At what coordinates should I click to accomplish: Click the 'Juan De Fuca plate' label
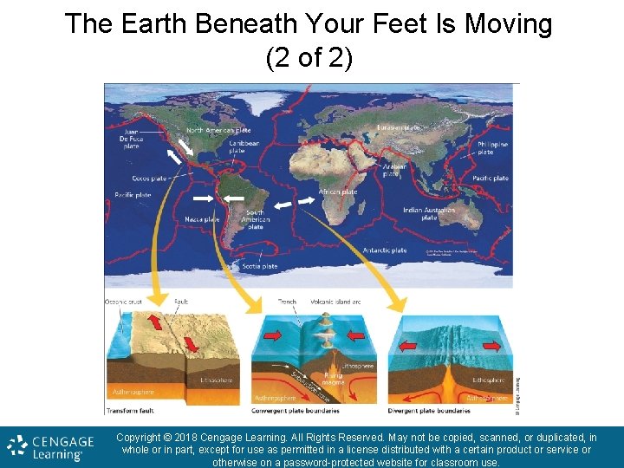tap(130, 138)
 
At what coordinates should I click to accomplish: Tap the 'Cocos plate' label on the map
tap(149, 179)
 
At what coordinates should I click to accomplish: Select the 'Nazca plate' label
tap(202, 219)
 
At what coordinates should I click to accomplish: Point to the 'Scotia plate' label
tap(260, 266)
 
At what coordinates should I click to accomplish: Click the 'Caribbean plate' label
tap(244, 146)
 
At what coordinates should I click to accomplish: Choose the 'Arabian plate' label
tap(394, 169)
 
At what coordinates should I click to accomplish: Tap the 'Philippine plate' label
tap(492, 148)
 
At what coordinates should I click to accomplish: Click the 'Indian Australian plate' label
tap(429, 213)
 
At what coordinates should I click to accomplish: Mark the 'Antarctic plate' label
tap(386, 250)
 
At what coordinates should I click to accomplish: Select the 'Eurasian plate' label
tap(399, 128)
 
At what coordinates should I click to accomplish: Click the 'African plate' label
tap(338, 192)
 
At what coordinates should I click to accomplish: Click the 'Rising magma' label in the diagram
tap(333, 377)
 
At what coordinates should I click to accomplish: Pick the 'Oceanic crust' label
tap(122, 302)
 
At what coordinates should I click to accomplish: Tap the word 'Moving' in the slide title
tap(509, 24)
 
